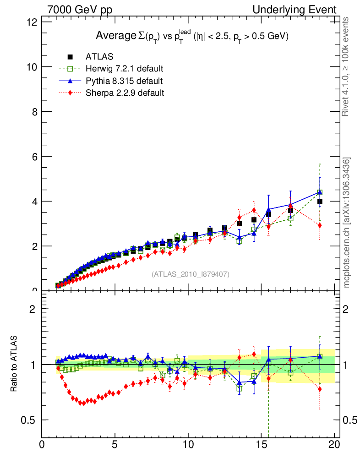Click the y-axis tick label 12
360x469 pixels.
[x=32, y=22]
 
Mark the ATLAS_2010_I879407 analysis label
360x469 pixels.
[x=191, y=274]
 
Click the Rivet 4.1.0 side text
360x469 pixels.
[x=347, y=66]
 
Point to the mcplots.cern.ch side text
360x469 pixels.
[x=347, y=222]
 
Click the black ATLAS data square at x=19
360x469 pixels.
[x=320, y=202]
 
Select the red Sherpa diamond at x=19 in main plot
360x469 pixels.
[x=320, y=225]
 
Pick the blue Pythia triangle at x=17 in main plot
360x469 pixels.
[x=290, y=205]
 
